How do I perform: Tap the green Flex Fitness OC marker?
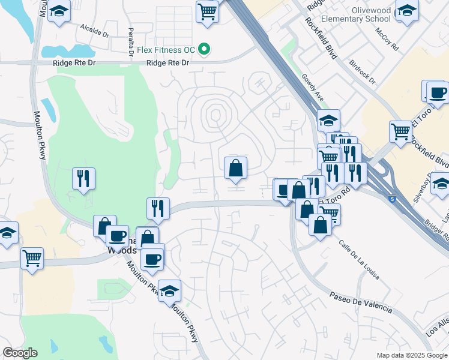(204, 49)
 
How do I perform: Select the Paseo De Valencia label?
(361, 302)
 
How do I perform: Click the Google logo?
(19, 353)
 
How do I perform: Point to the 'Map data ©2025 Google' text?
(412, 355)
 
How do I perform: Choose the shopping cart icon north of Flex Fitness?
(207, 10)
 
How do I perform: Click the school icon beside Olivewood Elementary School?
(407, 11)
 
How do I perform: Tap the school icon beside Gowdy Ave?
(328, 121)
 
